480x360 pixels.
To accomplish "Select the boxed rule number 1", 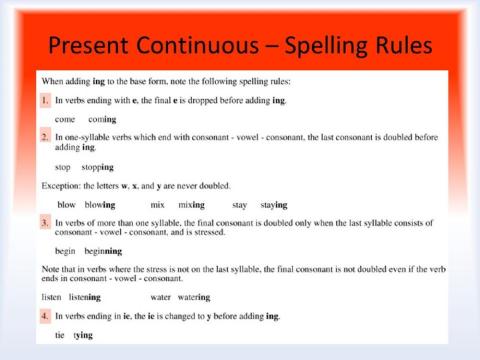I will pyautogui.click(x=45, y=101).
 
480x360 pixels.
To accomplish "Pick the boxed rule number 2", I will pyautogui.click(x=45, y=134).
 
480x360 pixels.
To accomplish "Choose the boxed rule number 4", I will pyautogui.click(x=45, y=315).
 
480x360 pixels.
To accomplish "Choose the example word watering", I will pyautogui.click(x=190, y=297).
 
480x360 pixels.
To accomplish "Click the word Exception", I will pyautogui.click(x=62, y=186).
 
